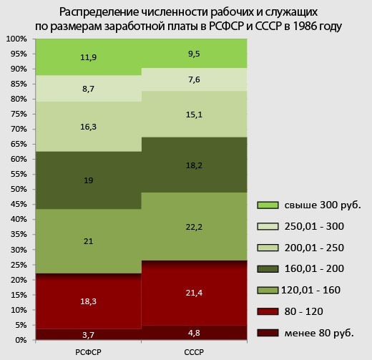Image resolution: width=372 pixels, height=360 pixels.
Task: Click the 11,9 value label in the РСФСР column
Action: [88, 57]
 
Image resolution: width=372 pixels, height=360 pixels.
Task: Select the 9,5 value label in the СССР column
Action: [194, 54]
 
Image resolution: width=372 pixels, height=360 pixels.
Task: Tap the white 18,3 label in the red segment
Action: [88, 301]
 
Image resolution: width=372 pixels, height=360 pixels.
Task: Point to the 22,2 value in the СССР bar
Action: [194, 227]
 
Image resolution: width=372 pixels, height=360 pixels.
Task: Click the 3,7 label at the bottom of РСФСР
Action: [88, 335]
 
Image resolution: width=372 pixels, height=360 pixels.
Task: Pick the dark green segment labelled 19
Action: [88, 180]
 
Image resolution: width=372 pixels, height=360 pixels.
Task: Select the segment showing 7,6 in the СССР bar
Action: [194, 79]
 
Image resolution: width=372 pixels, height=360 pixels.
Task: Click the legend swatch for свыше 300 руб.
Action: [268, 205]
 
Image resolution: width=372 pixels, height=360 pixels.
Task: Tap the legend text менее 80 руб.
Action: [319, 333]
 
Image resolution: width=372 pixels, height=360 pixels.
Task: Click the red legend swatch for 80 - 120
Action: [268, 311]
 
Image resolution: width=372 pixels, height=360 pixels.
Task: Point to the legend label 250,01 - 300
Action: [314, 226]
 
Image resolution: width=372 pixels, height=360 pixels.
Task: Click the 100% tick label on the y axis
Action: [16, 39]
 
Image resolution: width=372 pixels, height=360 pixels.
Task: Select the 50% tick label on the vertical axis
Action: [19, 189]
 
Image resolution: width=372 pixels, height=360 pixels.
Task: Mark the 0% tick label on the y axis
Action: [21, 340]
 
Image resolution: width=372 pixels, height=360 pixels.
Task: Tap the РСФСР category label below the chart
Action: [88, 352]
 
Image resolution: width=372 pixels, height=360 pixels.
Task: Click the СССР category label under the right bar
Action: [194, 352]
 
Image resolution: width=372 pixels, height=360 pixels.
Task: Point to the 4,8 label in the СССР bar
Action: [194, 333]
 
